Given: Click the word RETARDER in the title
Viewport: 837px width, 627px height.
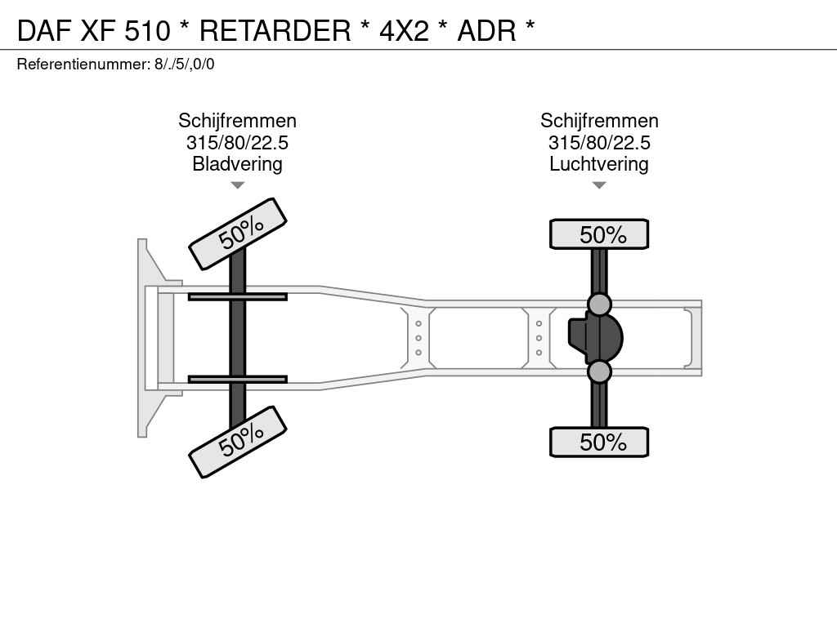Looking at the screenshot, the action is pyautogui.click(x=275, y=30).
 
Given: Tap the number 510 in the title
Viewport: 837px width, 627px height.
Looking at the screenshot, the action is pyautogui.click(x=148, y=30).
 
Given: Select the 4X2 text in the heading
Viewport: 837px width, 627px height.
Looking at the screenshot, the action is pyautogui.click(x=404, y=30).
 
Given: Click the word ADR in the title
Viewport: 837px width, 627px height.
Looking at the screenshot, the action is pyautogui.click(x=487, y=30).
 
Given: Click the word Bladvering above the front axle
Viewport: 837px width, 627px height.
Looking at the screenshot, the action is pyautogui.click(x=237, y=163).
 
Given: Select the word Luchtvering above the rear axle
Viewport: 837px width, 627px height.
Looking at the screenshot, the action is pyautogui.click(x=599, y=163).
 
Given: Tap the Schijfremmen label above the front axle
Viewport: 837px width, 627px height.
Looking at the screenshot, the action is pyautogui.click(x=237, y=121).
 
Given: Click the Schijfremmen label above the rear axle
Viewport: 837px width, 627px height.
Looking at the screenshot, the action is pyautogui.click(x=599, y=121).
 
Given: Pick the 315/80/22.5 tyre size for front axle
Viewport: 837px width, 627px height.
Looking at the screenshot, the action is pyautogui.click(x=237, y=142).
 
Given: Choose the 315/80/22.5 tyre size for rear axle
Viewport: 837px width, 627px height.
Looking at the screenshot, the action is pyautogui.click(x=599, y=142).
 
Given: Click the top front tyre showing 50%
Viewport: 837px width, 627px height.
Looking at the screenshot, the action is pyautogui.click(x=238, y=234).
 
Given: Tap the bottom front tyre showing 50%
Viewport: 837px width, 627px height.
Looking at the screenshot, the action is pyautogui.click(x=238, y=442).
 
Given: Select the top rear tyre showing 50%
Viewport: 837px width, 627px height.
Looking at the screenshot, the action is pyautogui.click(x=599, y=234).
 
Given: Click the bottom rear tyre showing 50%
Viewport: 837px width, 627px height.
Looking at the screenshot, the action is pyautogui.click(x=599, y=442).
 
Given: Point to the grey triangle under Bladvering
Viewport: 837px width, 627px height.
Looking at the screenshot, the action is pyautogui.click(x=238, y=185).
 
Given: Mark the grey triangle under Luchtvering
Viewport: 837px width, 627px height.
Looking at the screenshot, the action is pyautogui.click(x=599, y=185).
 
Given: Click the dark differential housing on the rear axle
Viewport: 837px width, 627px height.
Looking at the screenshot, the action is pyautogui.click(x=595, y=338).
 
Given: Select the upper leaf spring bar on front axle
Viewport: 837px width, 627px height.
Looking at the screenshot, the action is pyautogui.click(x=238, y=297).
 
